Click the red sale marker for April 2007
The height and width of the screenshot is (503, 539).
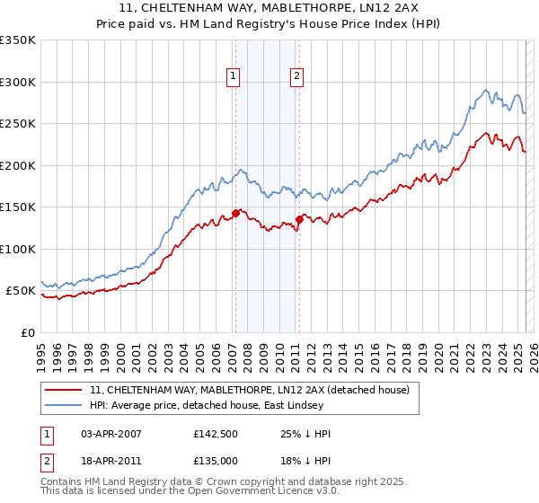(x=235, y=213)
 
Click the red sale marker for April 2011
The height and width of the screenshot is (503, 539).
(x=299, y=219)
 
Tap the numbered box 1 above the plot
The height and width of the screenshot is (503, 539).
(x=233, y=77)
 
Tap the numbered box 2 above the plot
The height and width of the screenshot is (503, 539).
(x=296, y=77)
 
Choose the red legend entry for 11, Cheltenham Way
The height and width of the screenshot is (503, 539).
(x=250, y=390)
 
